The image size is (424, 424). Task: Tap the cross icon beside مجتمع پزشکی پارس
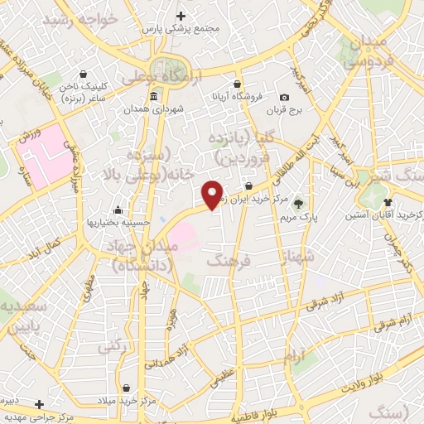(181, 16)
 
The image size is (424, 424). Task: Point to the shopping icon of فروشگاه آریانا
(238, 84)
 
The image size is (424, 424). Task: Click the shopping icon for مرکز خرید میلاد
(125, 388)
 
